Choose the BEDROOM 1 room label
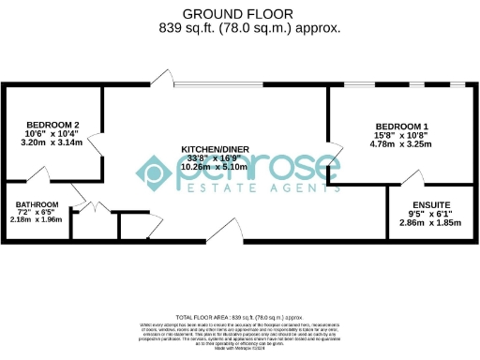pos(402,127)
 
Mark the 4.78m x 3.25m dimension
pos(402,144)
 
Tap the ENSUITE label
pos(431,204)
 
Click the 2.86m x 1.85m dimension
pos(431,222)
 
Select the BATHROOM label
pos(37,205)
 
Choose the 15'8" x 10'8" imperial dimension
pos(402,136)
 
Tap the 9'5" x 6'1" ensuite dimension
pos(431,214)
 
